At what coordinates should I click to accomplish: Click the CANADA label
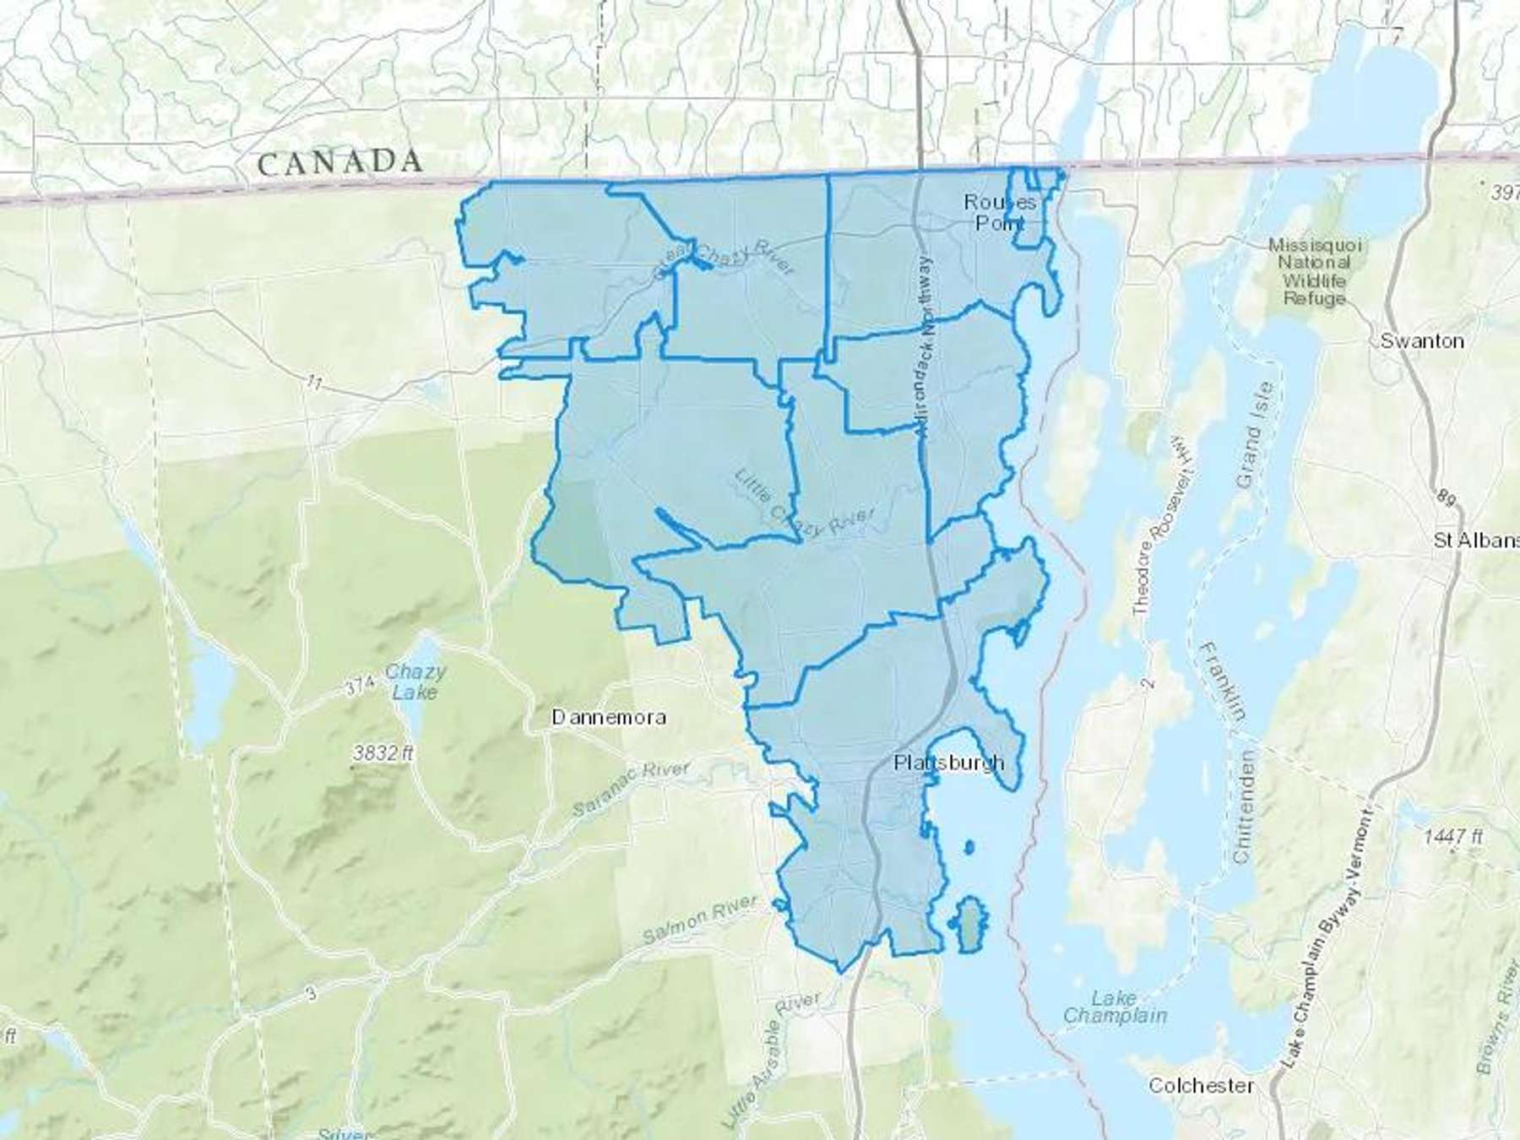339,162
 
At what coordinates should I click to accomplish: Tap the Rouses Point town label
1000,212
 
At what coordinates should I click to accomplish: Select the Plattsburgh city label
949,763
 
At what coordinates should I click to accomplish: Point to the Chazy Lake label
415,682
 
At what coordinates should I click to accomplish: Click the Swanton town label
1422,341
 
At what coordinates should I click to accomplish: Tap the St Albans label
1476,540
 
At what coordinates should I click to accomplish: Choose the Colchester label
1200,1085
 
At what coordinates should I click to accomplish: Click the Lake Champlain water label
1115,1007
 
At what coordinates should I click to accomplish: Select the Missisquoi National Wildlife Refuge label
1315,271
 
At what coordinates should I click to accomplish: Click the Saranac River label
631,787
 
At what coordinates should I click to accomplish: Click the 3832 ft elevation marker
383,752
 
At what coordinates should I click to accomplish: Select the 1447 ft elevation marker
1452,836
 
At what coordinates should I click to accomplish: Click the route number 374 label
357,687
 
